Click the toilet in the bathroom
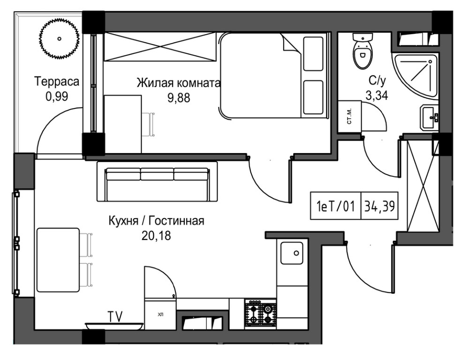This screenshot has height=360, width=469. (x=362, y=51)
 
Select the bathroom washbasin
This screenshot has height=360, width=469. (x=429, y=117)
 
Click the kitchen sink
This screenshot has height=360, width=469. (x=292, y=254)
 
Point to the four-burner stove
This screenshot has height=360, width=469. (x=260, y=313)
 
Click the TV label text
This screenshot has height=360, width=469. (x=114, y=316)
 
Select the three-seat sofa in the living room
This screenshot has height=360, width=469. (x=157, y=182)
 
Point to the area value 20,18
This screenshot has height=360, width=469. (x=156, y=235)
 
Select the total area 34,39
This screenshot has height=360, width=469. (x=379, y=206)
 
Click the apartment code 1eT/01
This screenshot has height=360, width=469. (x=335, y=206)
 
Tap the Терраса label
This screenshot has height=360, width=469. (x=56, y=82)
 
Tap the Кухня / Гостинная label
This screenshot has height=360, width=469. (x=156, y=221)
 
